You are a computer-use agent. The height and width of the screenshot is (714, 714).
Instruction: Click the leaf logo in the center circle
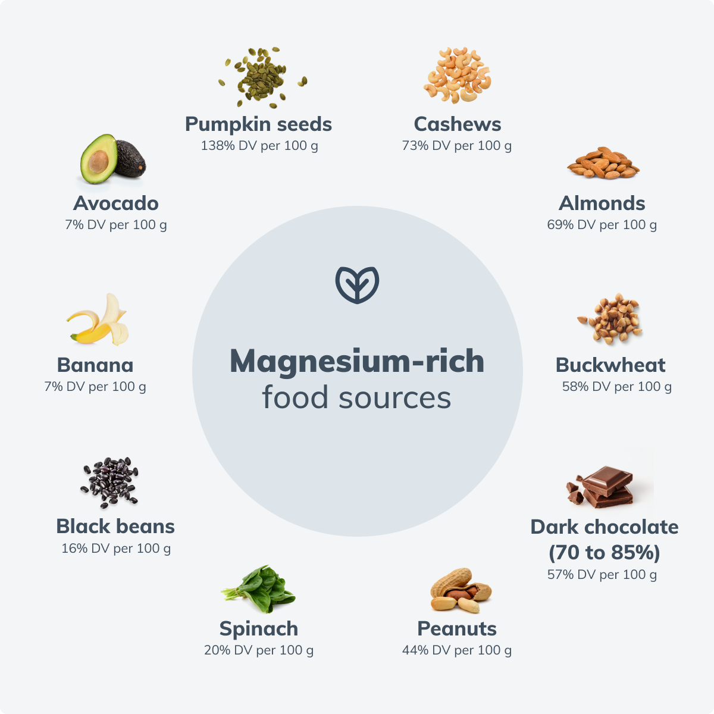click(357, 284)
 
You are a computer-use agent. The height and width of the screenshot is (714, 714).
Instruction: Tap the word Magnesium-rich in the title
click(357, 361)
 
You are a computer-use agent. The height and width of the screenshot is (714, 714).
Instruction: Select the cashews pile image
click(458, 76)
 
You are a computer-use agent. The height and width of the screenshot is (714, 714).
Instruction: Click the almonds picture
click(603, 163)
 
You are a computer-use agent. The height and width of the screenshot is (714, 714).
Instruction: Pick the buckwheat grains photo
click(610, 318)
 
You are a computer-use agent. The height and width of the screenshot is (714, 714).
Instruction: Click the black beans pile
click(110, 482)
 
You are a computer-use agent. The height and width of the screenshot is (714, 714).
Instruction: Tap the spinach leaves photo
click(259, 589)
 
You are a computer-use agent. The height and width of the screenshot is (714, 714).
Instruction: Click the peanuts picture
click(461, 591)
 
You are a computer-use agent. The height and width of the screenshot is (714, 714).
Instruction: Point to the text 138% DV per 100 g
click(259, 146)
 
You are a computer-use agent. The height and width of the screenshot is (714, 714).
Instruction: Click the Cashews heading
click(458, 124)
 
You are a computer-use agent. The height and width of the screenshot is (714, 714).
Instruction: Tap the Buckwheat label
click(610, 365)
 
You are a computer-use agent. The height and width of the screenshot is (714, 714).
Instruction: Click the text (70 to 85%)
click(604, 553)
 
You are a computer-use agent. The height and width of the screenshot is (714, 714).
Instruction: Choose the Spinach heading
click(259, 628)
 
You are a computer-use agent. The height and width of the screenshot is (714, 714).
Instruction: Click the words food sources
click(357, 397)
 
